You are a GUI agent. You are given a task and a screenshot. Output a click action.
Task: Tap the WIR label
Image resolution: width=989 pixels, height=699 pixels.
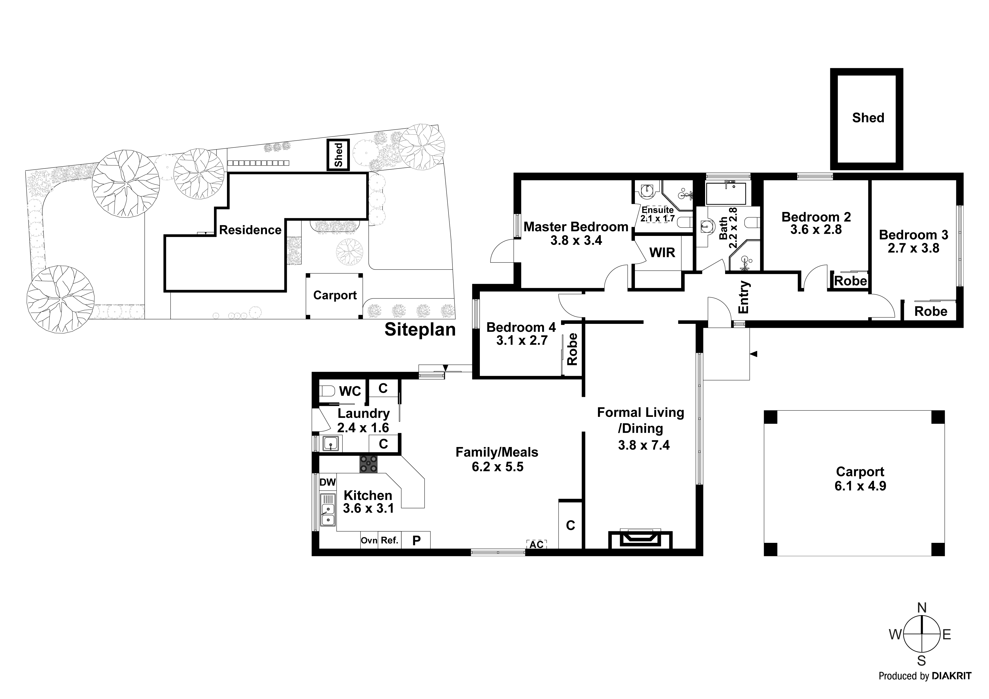point(662,253)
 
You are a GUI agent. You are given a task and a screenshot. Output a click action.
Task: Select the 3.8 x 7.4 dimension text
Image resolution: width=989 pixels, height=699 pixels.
point(644,445)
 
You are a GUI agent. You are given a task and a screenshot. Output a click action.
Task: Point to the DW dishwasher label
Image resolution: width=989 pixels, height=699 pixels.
point(327,482)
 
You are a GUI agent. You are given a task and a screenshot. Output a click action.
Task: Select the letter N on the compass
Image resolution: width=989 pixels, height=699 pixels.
point(921,608)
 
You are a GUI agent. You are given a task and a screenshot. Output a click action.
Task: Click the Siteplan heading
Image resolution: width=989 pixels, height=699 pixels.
point(420,330)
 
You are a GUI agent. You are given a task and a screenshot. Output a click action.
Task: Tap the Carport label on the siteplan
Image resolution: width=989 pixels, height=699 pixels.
point(335,295)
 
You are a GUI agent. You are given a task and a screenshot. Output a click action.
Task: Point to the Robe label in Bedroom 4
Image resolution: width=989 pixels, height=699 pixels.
point(572,349)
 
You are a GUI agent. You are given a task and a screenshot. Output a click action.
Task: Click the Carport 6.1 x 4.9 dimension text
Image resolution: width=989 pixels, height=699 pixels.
point(860,486)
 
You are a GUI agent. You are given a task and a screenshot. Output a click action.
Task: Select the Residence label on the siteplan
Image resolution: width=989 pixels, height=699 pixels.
point(250,230)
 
